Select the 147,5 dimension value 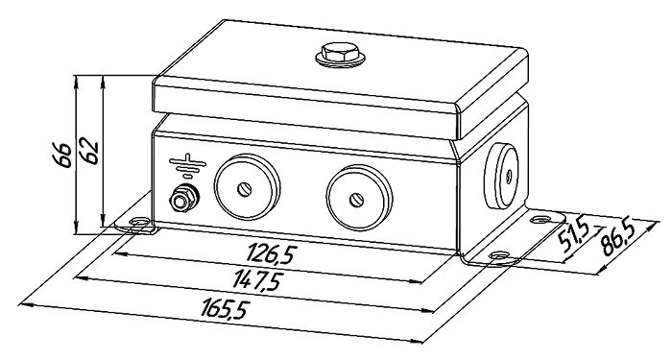(x=257, y=279)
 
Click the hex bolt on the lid (x=340, y=55)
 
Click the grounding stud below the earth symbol (x=183, y=198)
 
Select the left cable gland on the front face (x=247, y=187)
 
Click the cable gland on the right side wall (x=502, y=176)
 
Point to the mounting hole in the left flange (x=139, y=222)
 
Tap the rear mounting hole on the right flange (x=540, y=220)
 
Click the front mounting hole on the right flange (x=499, y=255)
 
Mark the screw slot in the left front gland (x=245, y=188)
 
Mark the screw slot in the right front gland (x=356, y=200)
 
